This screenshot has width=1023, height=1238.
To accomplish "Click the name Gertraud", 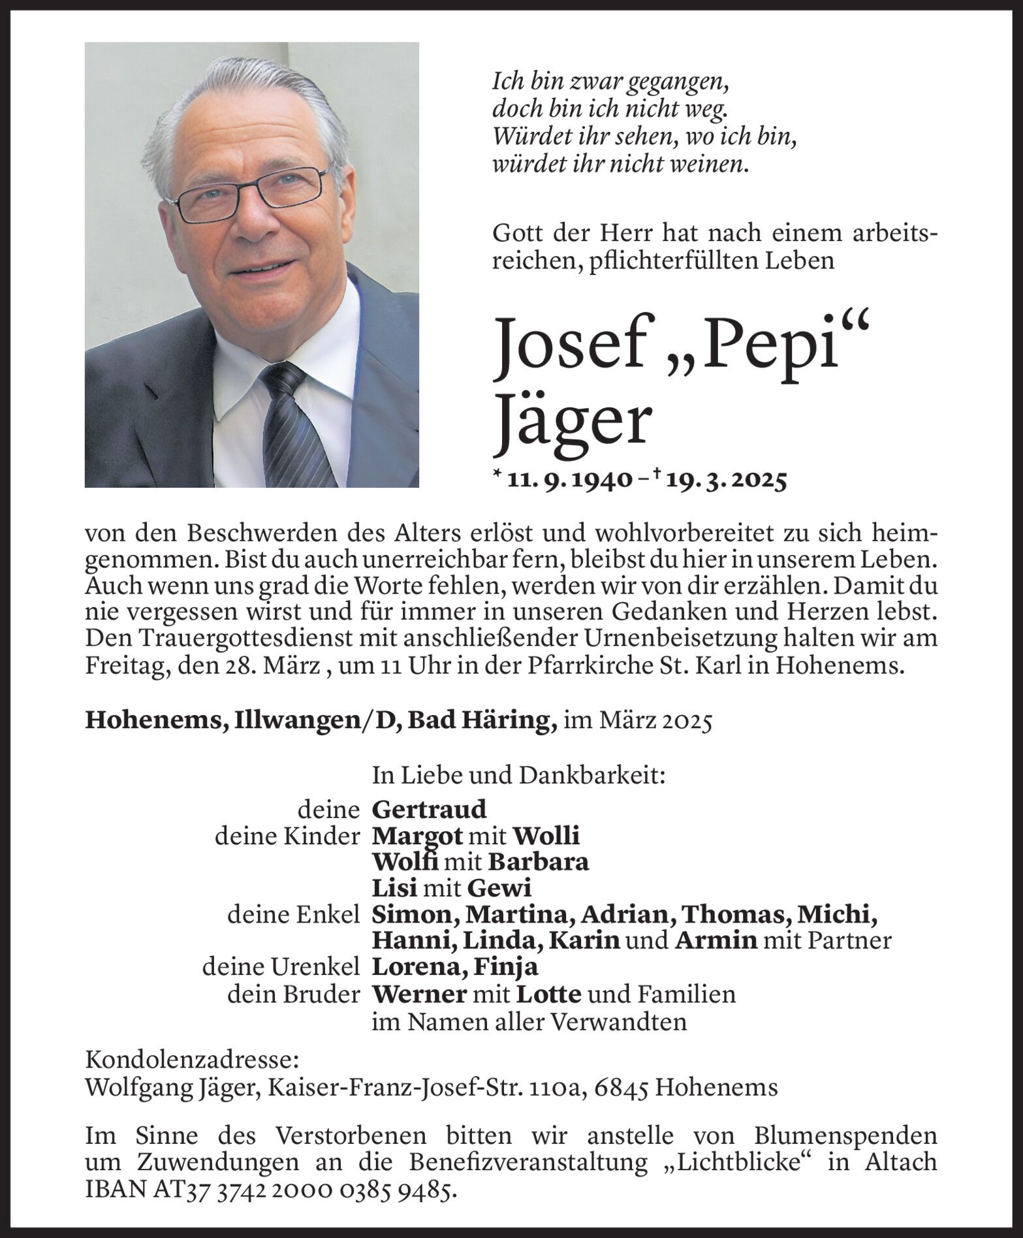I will [429, 810].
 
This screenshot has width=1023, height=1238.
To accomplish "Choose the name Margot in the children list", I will [417, 836].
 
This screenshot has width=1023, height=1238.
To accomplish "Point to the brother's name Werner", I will [418, 993].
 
